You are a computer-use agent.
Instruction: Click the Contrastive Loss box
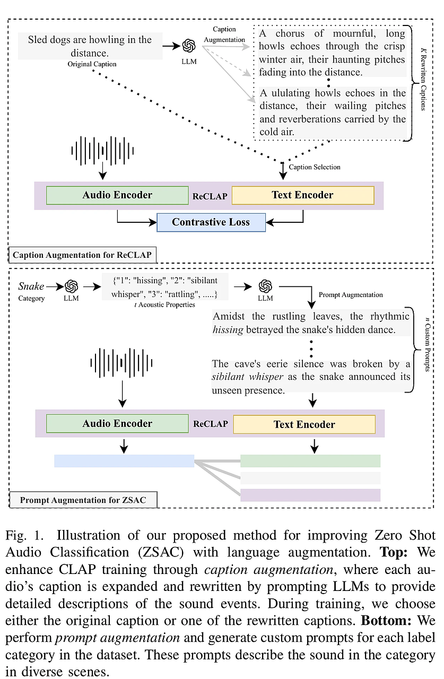click(x=211, y=222)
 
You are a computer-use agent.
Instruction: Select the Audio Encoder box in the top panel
click(x=117, y=195)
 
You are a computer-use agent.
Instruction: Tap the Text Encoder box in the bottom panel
click(x=304, y=424)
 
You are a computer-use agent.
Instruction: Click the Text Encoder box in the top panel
click(x=303, y=195)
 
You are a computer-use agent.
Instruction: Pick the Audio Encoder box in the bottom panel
click(x=117, y=423)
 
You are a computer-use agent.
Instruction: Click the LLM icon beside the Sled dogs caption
click(x=189, y=46)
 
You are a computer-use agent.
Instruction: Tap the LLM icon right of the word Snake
click(x=72, y=286)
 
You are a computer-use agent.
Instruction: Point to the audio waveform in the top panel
click(x=102, y=151)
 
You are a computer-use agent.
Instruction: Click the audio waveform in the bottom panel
click(x=121, y=363)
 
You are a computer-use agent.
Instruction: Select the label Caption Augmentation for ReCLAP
click(x=82, y=255)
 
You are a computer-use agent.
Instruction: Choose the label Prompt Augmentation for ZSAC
click(x=83, y=500)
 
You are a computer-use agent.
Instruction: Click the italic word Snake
click(x=31, y=286)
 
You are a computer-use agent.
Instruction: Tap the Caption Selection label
click(x=315, y=167)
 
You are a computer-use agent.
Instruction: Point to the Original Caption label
click(x=92, y=64)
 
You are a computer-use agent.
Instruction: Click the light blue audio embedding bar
click(x=124, y=461)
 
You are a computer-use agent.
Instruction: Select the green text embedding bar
click(x=310, y=461)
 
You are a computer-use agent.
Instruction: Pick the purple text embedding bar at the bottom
click(x=310, y=495)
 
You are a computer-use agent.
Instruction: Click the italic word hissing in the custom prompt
click(x=228, y=330)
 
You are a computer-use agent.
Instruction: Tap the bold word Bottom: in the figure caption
click(x=386, y=621)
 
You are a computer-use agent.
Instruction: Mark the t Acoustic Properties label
click(x=164, y=304)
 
